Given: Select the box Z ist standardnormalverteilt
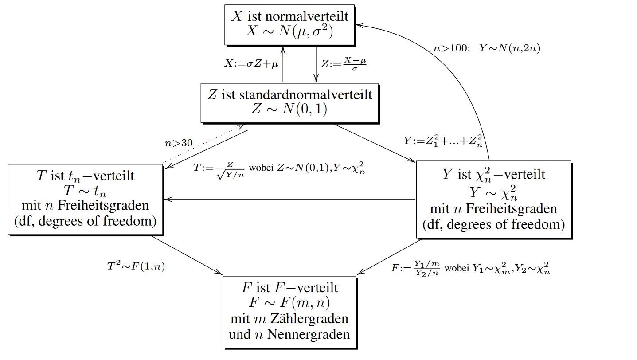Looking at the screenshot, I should pyautogui.click(x=290, y=102).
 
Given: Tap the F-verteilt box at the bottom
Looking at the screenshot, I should pyautogui.click(x=289, y=311).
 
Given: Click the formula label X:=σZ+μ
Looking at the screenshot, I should pyautogui.click(x=251, y=64).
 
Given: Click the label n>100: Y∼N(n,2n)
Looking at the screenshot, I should pyautogui.click(x=486, y=48).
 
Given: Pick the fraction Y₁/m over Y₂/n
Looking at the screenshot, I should pyautogui.click(x=426, y=268).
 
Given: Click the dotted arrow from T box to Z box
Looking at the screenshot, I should pyautogui.click(x=204, y=145).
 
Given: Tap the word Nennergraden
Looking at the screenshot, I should pyautogui.click(x=308, y=334).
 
